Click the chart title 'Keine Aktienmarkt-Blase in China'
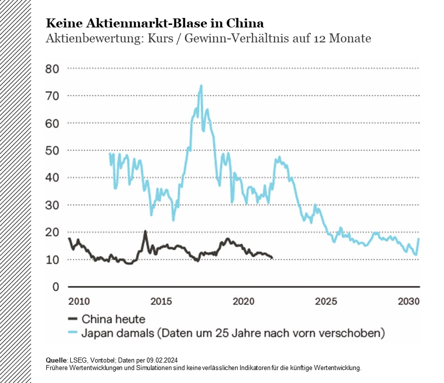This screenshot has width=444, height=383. pos(155,23)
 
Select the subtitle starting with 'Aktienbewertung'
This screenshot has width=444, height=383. pos(208,38)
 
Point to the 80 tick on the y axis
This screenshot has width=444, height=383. pos(52,68)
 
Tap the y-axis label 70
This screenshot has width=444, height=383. pos(52,96)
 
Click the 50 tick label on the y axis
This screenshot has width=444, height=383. pos(52,150)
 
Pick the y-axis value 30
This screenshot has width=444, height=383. pos(52,205)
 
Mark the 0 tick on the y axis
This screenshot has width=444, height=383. pos(56,287)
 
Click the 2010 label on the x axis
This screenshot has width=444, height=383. pos(79,301)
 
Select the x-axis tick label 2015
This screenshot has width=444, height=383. pos(161,301)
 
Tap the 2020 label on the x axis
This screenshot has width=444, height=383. pos(244,301)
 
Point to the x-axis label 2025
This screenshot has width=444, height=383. pos(326,301)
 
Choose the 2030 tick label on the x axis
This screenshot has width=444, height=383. pos(408,301)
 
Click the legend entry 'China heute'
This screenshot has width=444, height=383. pos(113,319)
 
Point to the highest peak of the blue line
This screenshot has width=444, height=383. pos(201,85)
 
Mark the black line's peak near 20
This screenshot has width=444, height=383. pos(145,231)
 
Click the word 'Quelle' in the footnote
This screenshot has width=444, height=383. pos(55,360)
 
